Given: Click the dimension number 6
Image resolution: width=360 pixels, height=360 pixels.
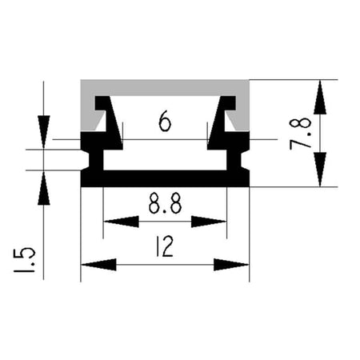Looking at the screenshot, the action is [x=165, y=121].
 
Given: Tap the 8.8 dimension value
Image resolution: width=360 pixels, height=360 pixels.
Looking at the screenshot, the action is [x=166, y=204].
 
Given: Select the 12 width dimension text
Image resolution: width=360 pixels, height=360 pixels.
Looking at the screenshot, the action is [x=165, y=246].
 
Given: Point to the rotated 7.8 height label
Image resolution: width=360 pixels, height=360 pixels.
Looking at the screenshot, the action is [x=301, y=134].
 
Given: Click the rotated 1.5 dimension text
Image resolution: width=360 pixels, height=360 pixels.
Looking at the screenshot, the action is [x=24, y=260].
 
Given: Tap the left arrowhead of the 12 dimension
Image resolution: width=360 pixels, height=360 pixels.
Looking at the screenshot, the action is [x=98, y=265].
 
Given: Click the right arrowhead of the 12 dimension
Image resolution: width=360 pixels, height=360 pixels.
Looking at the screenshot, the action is [x=231, y=265].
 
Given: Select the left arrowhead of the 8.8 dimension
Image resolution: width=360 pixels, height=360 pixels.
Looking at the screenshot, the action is [x=122, y=222].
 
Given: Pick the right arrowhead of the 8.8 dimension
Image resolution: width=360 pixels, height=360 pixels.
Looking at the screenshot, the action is [x=209, y=222].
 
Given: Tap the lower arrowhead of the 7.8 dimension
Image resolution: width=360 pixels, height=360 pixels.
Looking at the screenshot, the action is [x=320, y=170].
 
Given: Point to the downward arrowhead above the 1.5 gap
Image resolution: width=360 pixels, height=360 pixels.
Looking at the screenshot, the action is [x=44, y=132].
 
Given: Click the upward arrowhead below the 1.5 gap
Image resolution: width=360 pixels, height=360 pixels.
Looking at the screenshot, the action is [x=44, y=188].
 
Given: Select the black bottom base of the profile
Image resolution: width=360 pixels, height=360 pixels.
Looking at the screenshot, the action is [x=165, y=178].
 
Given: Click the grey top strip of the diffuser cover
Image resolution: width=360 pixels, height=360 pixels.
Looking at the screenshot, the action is [x=165, y=87].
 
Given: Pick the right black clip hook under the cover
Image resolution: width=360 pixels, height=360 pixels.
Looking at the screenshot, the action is [x=222, y=118].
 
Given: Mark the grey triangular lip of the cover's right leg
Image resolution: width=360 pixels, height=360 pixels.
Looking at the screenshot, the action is [x=231, y=121].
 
